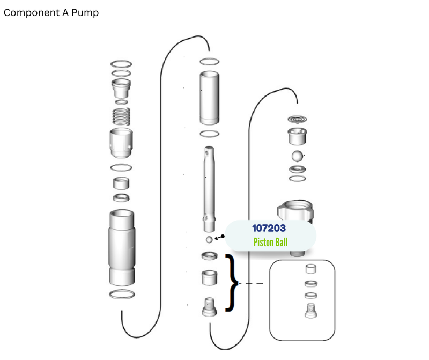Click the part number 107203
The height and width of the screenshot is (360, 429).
269,228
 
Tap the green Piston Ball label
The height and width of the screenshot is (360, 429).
270,243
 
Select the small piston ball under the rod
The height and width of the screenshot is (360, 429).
209,239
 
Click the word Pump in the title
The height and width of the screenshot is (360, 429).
85,13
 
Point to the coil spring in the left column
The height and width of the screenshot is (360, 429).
121,116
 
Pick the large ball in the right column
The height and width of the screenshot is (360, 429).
297,156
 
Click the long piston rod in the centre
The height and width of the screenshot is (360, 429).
209,189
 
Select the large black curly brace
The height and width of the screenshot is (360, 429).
232,283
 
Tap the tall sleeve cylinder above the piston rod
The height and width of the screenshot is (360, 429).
209,98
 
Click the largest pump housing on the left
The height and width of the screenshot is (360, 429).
122,248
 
